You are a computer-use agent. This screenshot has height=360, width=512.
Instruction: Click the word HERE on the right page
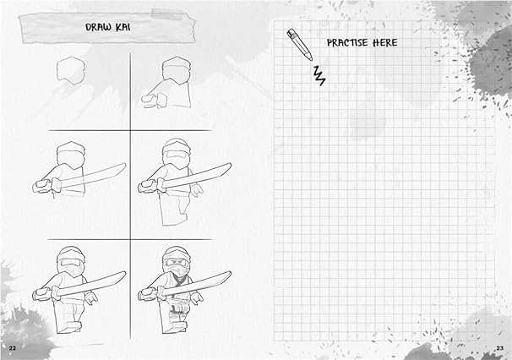[x=385, y=42]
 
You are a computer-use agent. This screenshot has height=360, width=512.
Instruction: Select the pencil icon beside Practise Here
[x=298, y=43]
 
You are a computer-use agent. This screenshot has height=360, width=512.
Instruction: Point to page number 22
[x=12, y=348]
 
